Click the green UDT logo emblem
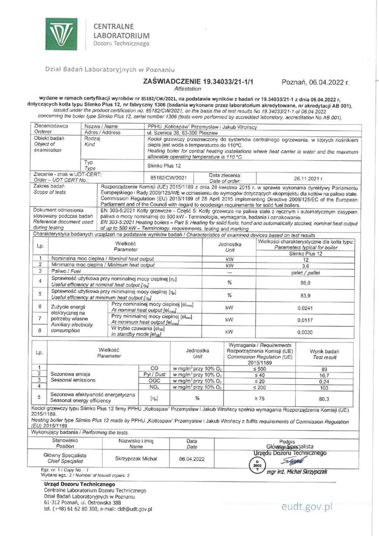(62, 34)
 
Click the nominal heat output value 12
(306, 259)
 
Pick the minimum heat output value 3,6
(306, 265)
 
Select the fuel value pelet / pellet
(306, 272)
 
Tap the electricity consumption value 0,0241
(306, 307)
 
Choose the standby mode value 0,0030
(306, 331)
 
